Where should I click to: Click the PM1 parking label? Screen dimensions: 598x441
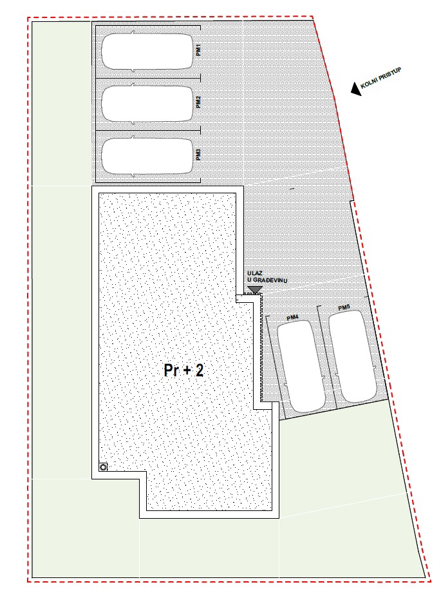click(x=199, y=50)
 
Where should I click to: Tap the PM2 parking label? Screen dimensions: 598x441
click(x=199, y=102)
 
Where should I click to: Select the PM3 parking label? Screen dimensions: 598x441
click(x=199, y=154)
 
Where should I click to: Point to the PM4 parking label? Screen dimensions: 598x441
click(x=292, y=318)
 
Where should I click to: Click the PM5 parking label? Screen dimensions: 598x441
click(x=343, y=308)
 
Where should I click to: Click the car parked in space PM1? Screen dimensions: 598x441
click(x=147, y=52)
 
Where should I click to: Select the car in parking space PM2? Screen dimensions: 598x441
click(x=147, y=103)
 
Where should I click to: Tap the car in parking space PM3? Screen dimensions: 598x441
click(x=147, y=155)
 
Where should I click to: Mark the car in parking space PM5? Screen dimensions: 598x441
click(x=353, y=358)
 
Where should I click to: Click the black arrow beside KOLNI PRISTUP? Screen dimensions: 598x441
click(x=355, y=90)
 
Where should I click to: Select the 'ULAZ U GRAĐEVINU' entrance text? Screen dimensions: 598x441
click(x=267, y=278)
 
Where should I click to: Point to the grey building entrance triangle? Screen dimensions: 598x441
click(x=255, y=290)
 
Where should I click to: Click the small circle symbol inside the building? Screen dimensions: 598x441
click(x=103, y=467)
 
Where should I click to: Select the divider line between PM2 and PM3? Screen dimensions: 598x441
click(x=147, y=130)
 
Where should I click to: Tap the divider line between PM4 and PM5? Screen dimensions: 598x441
click(x=326, y=361)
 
